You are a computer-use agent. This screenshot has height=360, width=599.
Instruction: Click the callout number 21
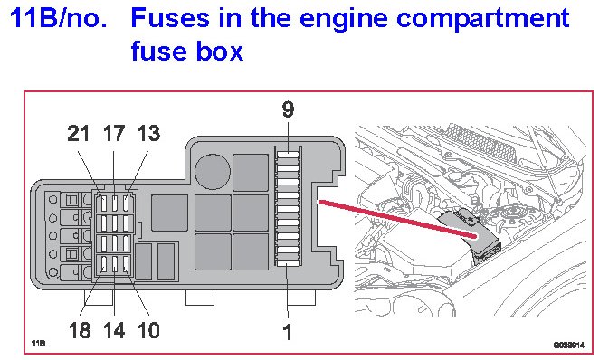79,134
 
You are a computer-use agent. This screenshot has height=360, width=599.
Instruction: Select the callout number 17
114,134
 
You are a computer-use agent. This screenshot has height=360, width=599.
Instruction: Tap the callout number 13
148,134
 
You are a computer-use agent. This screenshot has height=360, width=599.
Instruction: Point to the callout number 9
288,109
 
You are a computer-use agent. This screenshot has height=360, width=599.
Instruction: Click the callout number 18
80,330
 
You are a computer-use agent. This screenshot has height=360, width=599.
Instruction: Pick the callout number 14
114,330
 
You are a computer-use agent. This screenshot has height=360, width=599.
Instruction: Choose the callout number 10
148,330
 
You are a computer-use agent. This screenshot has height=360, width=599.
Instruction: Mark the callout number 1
287,332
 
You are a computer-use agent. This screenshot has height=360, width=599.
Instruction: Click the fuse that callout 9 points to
288,155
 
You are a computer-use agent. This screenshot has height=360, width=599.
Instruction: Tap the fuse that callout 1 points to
288,263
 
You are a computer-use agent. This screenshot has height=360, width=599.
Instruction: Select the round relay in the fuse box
213,172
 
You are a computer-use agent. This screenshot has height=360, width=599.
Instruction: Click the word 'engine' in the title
345,19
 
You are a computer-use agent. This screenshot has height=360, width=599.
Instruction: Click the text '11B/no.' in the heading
59,17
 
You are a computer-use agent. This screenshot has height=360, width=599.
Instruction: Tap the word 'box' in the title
220,52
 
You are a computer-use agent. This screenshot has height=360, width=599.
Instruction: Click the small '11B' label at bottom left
38,344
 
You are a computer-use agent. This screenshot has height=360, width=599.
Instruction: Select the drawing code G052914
569,346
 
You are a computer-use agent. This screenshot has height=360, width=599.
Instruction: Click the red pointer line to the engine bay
397,219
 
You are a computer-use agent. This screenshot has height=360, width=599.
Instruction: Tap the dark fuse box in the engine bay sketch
469,235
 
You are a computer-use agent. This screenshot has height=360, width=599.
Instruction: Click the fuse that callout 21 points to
103,204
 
